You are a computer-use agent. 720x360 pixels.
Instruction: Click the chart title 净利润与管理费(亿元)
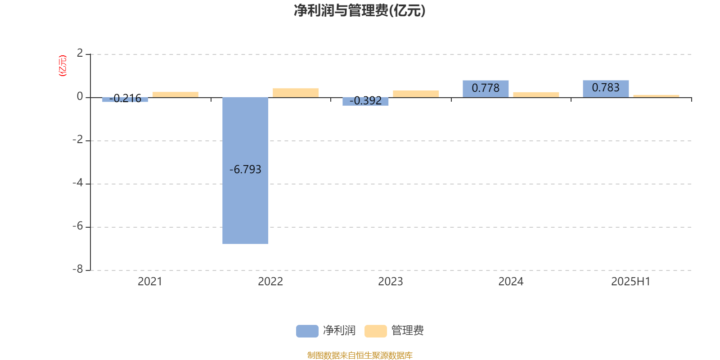[x=360, y=11]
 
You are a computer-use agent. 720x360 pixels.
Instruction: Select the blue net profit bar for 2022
[x=245, y=171]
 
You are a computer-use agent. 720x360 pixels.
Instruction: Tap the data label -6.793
[x=245, y=169]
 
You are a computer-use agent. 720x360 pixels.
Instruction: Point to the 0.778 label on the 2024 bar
[x=486, y=88]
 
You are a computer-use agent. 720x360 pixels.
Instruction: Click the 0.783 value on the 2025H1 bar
[x=606, y=87]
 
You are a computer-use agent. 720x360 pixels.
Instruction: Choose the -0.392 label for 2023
[x=365, y=101]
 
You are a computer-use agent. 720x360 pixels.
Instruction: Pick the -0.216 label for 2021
[x=125, y=98]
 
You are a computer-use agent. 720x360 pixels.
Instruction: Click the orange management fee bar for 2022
[x=296, y=93]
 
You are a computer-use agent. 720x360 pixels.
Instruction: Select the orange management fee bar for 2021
[x=175, y=94]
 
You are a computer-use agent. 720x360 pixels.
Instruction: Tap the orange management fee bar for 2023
[x=416, y=94]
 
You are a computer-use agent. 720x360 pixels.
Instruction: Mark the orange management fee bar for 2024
[x=536, y=95]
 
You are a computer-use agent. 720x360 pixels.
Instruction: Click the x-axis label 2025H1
[x=630, y=282]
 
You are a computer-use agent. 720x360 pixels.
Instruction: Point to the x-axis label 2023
[x=390, y=282]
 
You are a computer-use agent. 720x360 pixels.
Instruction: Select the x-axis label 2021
[x=150, y=282]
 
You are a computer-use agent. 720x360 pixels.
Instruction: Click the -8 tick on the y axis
[x=78, y=270]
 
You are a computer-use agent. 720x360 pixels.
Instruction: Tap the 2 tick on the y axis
[x=80, y=53]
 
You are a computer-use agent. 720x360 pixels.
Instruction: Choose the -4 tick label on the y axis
[x=78, y=183]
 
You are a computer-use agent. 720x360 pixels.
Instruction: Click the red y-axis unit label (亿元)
[x=63, y=66]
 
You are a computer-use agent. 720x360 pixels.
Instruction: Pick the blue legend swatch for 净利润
[x=307, y=331]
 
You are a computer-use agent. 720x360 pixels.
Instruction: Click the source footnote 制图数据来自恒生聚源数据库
[x=360, y=355]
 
